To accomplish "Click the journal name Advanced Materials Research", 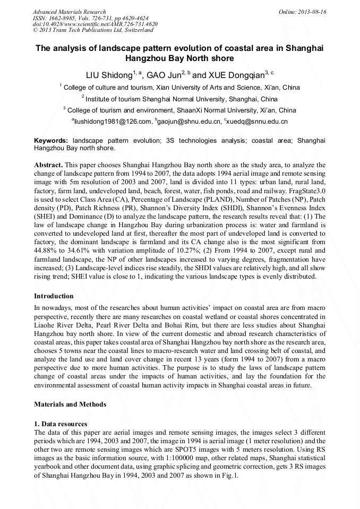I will [x=69, y=11].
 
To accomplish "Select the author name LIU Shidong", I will [x=109, y=75].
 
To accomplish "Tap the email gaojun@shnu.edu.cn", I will [x=189, y=122].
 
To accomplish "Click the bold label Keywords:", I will [x=51, y=141].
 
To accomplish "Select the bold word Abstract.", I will [x=48, y=166].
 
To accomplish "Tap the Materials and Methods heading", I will [x=70, y=404].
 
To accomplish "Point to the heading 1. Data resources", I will [x=61, y=425].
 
